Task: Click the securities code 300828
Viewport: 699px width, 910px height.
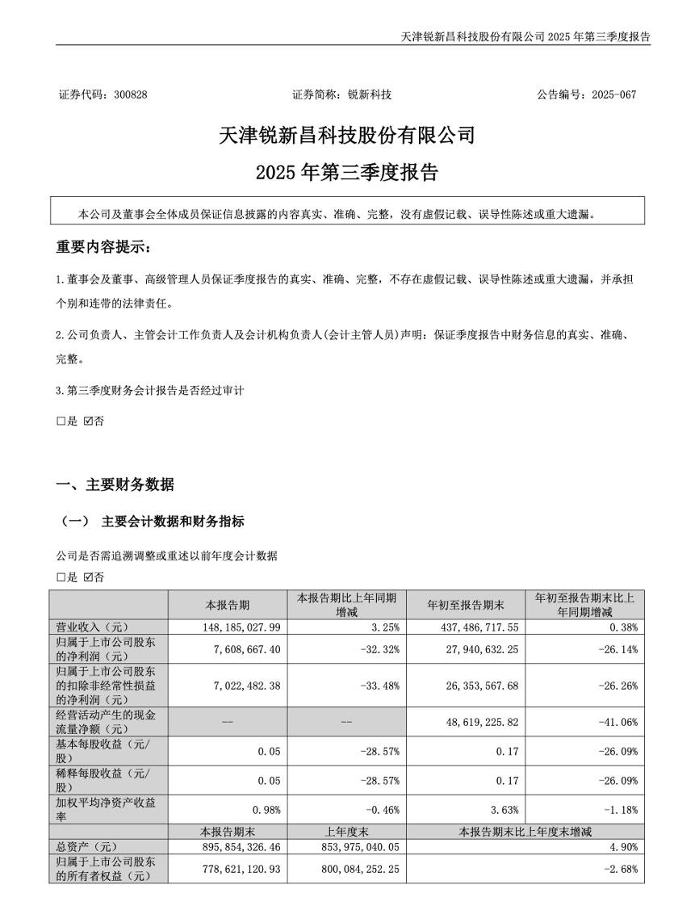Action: tap(131, 94)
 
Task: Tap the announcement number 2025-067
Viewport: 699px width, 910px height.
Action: tap(613, 94)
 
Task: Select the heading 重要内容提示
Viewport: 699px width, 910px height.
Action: tap(103, 246)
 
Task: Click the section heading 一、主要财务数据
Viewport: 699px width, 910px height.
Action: tap(115, 485)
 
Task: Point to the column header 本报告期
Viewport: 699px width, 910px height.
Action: tap(228, 605)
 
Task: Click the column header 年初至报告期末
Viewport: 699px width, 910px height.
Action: tap(466, 605)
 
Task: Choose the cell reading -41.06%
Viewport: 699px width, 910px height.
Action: tap(619, 721)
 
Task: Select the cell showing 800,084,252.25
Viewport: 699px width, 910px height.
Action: tap(359, 870)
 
